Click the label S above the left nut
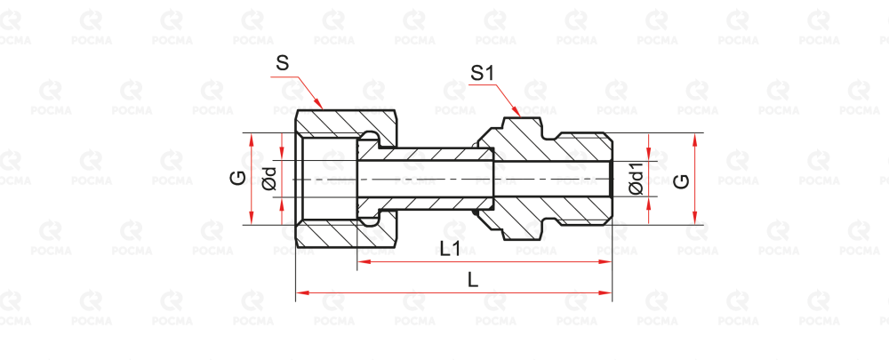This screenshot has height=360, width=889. click(283, 64)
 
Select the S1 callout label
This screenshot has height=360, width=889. click(482, 74)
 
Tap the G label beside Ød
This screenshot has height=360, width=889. click(237, 178)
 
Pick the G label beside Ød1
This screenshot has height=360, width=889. click(681, 180)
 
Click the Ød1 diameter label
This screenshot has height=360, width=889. click(636, 179)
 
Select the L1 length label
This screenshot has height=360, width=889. click(450, 250)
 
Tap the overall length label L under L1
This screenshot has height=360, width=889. click(473, 280)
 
